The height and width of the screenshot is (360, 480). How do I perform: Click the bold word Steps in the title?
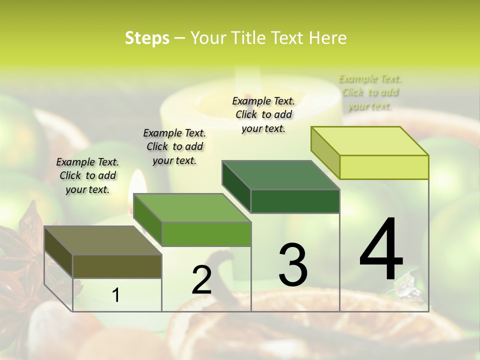147,38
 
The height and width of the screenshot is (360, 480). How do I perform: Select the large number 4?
381,250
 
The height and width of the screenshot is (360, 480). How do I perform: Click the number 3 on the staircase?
293,265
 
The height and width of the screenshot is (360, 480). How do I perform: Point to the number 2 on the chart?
201,280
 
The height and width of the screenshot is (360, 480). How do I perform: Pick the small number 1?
116,295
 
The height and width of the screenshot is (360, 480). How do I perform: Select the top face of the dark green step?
280,175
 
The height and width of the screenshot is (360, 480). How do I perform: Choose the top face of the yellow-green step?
369,141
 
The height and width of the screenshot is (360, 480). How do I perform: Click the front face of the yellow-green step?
384,167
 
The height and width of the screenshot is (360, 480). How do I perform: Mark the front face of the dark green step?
295,201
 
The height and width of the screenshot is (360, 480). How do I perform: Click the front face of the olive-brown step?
117,266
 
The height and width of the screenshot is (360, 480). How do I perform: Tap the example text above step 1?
87,175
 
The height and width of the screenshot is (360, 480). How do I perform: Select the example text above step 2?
174,146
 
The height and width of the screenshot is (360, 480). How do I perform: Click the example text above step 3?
263,114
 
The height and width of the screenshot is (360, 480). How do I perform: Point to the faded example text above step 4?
369,92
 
